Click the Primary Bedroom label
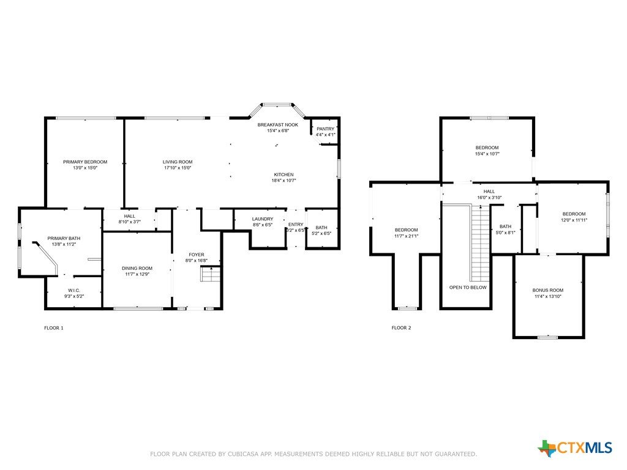[x=85, y=162]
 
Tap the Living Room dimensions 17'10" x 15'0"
[x=178, y=168]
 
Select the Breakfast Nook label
[x=278, y=125]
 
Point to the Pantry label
[x=326, y=129]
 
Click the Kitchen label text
[x=284, y=174]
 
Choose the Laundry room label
[x=263, y=219]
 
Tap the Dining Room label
[x=137, y=268]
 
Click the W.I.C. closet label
[x=74, y=290]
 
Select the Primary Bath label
[x=64, y=238]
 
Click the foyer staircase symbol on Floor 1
[x=211, y=274]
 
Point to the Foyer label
[x=197, y=255]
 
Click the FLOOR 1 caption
[x=54, y=328]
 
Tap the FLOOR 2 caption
[x=402, y=328]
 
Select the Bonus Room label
[x=548, y=290]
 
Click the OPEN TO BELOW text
[x=468, y=288]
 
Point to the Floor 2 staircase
[x=480, y=244]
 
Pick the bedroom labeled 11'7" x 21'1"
[x=407, y=230]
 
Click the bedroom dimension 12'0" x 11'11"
[x=574, y=220]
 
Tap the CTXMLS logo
[x=575, y=447]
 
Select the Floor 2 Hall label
[x=489, y=192]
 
